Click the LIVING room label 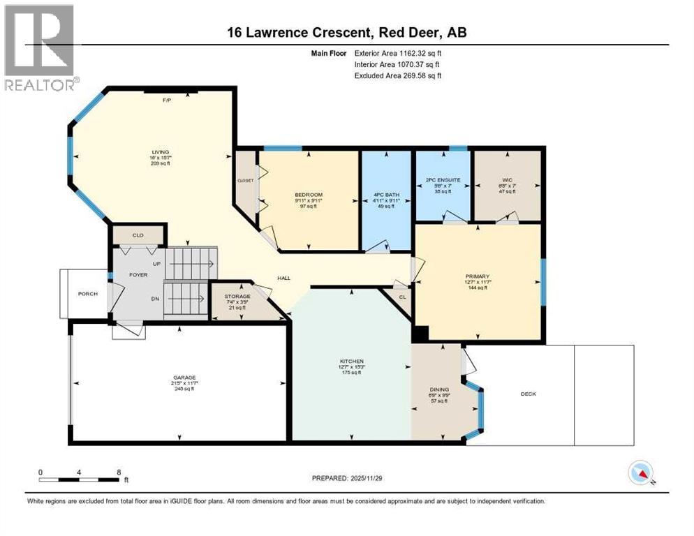pos(161,151)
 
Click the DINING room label pos(439,389)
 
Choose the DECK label pos(528,394)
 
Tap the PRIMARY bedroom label pos(478,276)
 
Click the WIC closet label pos(507,180)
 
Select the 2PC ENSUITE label pos(443,180)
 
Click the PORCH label pos(87,294)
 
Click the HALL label pos(283,278)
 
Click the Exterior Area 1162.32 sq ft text pos(398,52)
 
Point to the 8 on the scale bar pos(119,472)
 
